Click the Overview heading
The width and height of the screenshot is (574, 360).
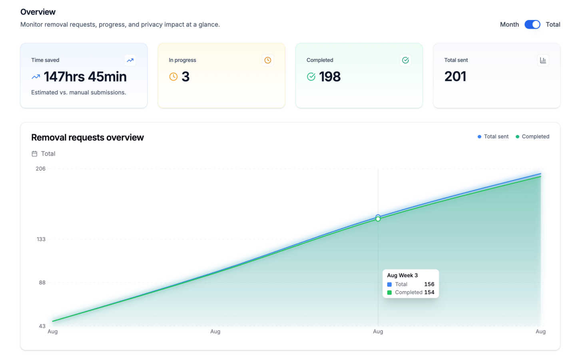click(38, 12)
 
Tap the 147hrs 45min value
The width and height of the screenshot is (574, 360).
click(85, 76)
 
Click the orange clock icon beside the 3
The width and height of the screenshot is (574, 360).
click(173, 76)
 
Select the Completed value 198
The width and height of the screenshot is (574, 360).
click(329, 76)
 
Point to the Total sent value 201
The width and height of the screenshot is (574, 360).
click(455, 76)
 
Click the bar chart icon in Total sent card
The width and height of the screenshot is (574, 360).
click(542, 60)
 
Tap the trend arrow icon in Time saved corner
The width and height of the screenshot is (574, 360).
click(130, 60)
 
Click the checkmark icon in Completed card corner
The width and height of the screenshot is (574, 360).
click(405, 60)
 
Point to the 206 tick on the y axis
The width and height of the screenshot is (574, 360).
click(41, 168)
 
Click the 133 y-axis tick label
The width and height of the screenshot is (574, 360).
click(41, 239)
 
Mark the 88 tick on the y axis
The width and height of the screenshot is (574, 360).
click(42, 282)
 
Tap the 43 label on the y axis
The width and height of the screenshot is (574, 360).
click(42, 326)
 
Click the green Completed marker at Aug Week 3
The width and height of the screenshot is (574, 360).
click(378, 219)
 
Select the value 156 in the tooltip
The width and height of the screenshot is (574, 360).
click(429, 284)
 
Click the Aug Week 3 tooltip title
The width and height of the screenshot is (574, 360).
click(402, 275)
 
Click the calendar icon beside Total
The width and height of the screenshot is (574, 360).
click(34, 154)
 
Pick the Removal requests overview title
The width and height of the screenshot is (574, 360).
click(87, 137)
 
